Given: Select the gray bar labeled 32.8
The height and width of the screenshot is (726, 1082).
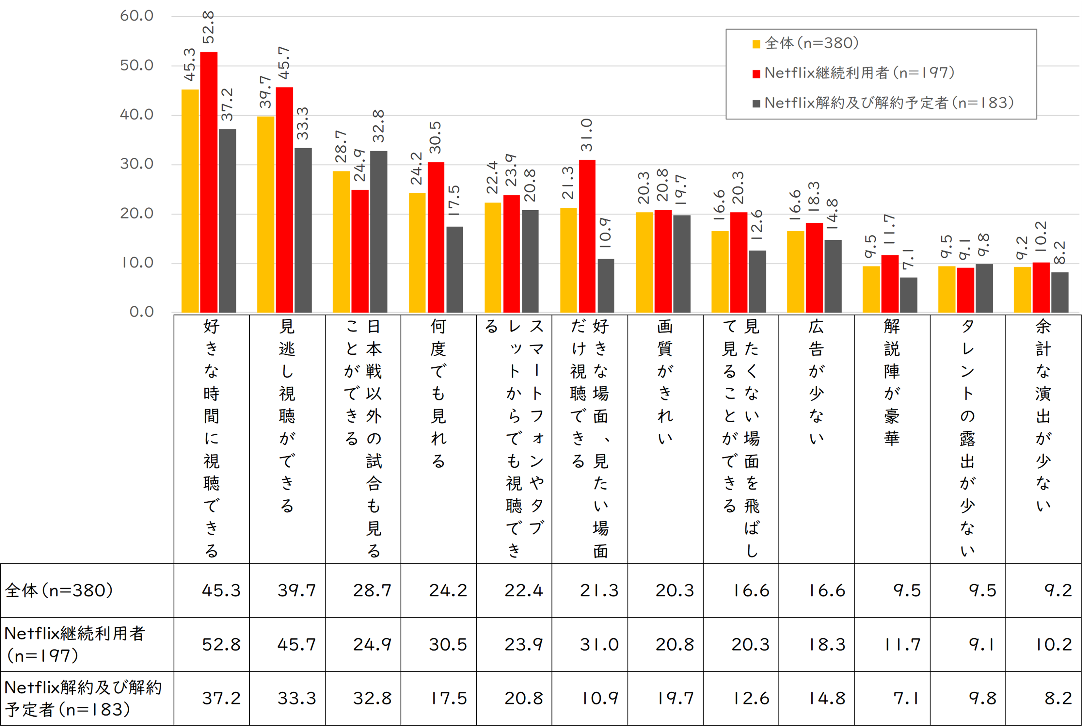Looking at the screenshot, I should (378, 232).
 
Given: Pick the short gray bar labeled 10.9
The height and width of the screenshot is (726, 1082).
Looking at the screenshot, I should (605, 286).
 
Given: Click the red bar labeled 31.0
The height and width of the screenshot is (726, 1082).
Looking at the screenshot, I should (587, 236).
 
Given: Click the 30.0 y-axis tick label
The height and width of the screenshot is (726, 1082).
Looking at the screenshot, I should (137, 164).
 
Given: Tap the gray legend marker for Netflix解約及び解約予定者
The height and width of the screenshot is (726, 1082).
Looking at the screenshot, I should (756, 103).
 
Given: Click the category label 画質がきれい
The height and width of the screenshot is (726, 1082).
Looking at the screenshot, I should (665, 382).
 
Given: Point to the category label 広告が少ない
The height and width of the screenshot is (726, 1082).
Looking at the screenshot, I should (816, 382).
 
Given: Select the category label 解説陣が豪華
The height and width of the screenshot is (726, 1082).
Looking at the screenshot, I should (892, 382).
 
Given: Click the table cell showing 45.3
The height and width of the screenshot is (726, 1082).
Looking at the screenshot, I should (221, 590).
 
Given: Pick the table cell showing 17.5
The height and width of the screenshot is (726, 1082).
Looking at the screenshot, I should (448, 698).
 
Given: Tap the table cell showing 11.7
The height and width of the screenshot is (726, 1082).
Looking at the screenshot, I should (902, 644).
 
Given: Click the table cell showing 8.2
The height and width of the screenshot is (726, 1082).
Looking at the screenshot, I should (1058, 698).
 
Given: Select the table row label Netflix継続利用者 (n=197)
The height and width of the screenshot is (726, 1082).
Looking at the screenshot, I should (75, 644).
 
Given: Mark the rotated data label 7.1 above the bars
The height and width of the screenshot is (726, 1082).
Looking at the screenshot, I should (908, 259).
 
